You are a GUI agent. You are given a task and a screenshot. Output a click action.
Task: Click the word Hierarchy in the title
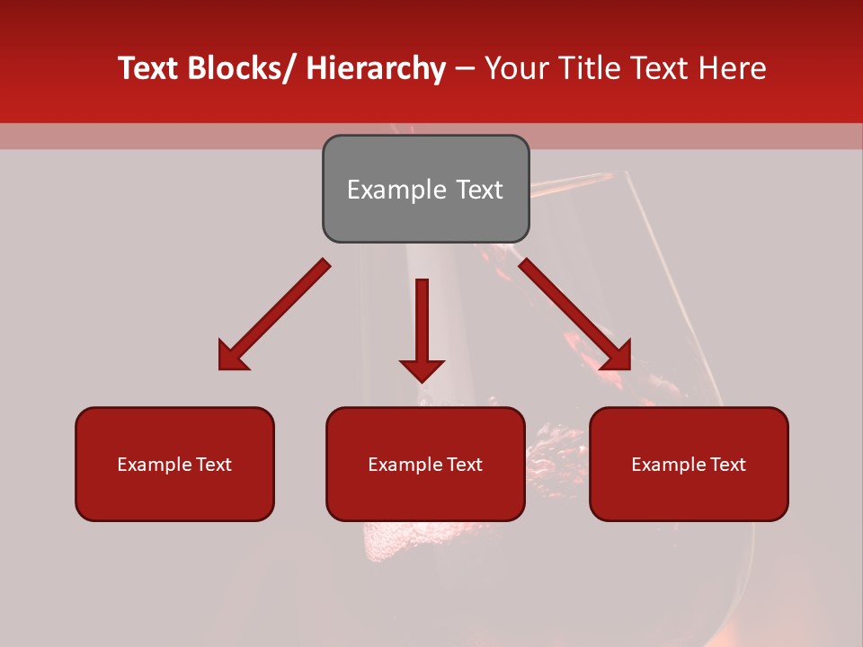[376, 68]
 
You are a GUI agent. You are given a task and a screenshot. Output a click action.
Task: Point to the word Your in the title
[515, 68]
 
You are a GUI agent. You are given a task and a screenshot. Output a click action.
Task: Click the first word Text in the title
[149, 68]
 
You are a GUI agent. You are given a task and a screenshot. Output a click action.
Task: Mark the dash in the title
[465, 68]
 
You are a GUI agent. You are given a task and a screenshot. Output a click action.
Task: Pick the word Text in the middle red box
[464, 465]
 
